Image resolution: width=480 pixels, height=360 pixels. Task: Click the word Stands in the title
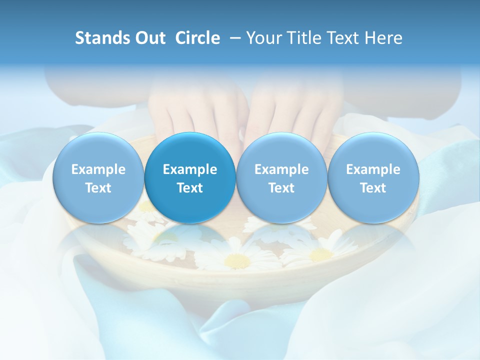tap(101, 38)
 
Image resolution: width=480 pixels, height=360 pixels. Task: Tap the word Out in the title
tap(149, 38)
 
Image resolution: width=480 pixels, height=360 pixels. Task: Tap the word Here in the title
tap(384, 38)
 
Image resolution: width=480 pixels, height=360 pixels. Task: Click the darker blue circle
tap(190, 178)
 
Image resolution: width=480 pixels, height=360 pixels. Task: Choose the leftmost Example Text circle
tap(98, 178)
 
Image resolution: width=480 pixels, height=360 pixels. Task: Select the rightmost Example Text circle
tap(373, 178)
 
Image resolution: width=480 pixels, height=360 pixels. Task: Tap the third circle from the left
tap(281, 178)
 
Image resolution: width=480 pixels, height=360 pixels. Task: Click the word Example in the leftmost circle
tap(98, 169)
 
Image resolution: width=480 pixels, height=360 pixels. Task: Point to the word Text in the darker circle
tap(190, 188)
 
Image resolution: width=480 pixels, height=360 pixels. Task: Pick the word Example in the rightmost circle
tap(373, 169)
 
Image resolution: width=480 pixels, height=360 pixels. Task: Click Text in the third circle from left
tap(281, 188)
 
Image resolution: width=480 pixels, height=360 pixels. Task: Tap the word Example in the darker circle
tap(190, 169)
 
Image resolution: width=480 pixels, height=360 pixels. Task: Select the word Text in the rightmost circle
tap(373, 188)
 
